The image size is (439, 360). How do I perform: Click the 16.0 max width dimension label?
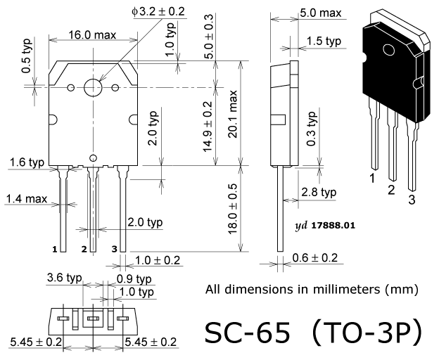coord(92,35)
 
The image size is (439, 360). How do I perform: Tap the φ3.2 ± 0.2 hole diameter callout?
coord(158,11)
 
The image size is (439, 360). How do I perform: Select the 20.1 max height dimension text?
coord(233,114)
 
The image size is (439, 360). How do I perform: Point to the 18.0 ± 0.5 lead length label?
coord(233,209)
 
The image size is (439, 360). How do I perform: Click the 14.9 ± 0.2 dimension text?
coord(208,127)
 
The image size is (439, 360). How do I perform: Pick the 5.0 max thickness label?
coord(321,13)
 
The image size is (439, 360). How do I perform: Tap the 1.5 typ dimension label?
coord(324,41)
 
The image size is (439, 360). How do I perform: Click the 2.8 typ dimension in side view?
coord(319,192)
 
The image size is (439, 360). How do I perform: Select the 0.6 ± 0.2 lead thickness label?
coord(315,257)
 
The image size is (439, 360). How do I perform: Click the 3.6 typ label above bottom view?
coord(65,278)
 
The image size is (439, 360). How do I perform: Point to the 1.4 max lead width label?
coord(27,199)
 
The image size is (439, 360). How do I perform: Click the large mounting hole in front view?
coord(93,87)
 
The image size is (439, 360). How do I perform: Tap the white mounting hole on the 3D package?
coord(389,50)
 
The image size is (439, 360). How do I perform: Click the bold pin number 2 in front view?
coord(84,249)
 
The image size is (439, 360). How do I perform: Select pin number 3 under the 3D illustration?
coord(412,200)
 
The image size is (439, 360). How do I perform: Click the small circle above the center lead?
coord(94,158)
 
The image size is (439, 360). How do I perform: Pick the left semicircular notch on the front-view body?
coord(53,120)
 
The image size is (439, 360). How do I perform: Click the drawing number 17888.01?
coord(333,225)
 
